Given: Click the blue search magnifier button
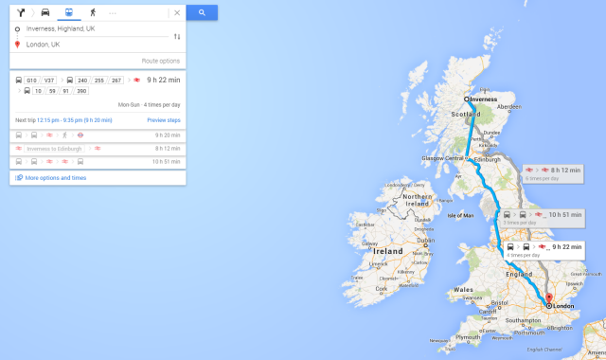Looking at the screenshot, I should pyautogui.click(x=202, y=12).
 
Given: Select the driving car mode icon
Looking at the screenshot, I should pyautogui.click(x=45, y=12).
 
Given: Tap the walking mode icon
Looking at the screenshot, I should pyautogui.click(x=92, y=12).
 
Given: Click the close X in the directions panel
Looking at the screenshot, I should pyautogui.click(x=177, y=13).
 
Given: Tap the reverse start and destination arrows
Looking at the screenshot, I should pyautogui.click(x=177, y=37).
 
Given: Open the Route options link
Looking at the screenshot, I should pyautogui.click(x=160, y=60).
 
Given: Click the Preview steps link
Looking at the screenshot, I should pyautogui.click(x=163, y=120).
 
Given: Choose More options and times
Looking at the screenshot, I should pyautogui.click(x=55, y=177).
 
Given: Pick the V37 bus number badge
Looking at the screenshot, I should pyautogui.click(x=50, y=81).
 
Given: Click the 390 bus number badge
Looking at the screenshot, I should pyautogui.click(x=81, y=91).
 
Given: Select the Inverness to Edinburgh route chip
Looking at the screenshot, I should pyautogui.click(x=54, y=149).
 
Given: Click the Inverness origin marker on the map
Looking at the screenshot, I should pyautogui.click(x=468, y=99).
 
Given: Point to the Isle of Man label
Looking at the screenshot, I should pyautogui.click(x=460, y=216).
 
